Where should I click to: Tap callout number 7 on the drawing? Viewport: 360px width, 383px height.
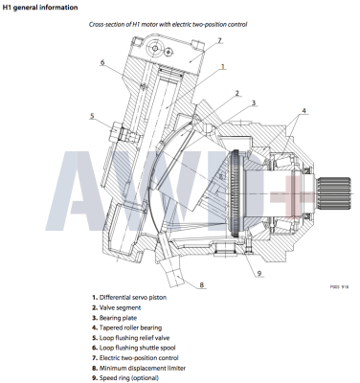tap(218, 40)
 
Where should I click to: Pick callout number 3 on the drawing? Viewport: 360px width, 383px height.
tap(253, 102)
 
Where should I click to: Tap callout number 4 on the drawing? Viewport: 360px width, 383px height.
tap(306, 111)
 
